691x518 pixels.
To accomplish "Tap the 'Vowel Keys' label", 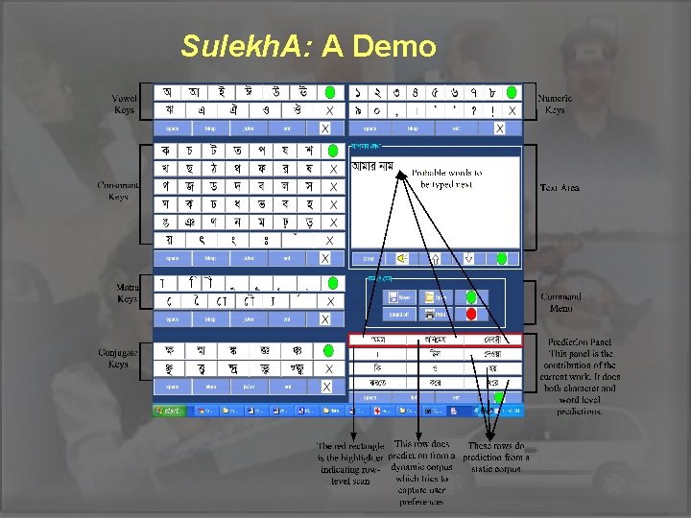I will click(x=124, y=104).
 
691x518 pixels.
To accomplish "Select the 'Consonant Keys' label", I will click(x=120, y=190).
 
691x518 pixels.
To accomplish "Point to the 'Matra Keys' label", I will click(x=127, y=293).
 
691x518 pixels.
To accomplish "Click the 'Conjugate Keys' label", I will click(x=119, y=358).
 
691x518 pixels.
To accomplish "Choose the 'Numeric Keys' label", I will click(x=555, y=104).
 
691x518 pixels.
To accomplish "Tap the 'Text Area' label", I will click(x=560, y=188).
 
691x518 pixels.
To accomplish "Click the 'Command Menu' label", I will click(x=560, y=302).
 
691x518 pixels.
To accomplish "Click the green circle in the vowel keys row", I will click(x=329, y=93).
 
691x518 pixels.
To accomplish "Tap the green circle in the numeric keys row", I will click(x=512, y=93).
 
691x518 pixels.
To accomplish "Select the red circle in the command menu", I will click(x=471, y=314).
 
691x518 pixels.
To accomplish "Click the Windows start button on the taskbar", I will click(x=169, y=411).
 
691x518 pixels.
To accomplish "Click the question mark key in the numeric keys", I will click(x=473, y=110).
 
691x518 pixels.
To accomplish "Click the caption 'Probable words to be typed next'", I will click(x=447, y=178).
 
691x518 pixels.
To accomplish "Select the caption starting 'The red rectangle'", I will click(x=351, y=463).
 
